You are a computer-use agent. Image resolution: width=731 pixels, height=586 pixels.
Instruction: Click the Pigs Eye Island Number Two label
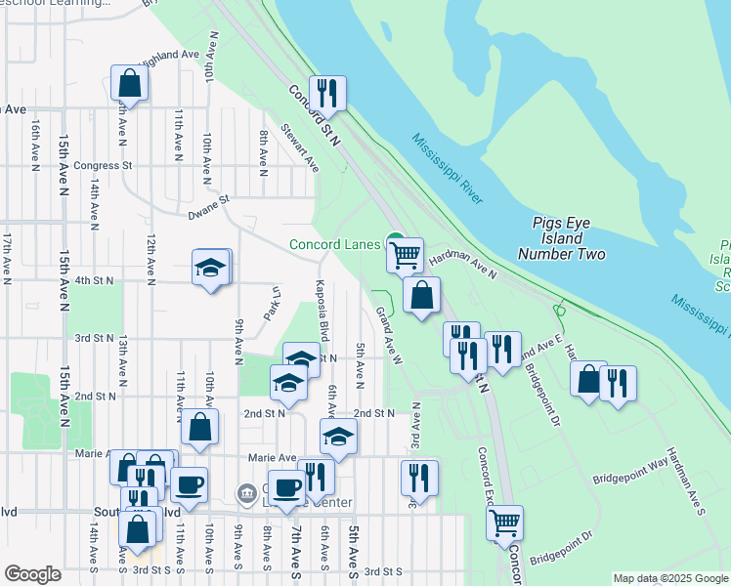coord(570,238)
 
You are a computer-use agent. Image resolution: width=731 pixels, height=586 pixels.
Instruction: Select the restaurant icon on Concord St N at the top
coord(328,94)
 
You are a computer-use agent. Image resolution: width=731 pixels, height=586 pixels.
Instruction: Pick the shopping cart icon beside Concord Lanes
coord(403,255)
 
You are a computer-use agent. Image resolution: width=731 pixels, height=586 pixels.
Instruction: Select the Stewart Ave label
coord(300,147)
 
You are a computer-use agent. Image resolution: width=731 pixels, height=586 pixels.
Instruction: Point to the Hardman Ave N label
coord(464,262)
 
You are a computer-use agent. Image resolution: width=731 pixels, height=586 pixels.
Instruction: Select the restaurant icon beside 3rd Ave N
coord(418,478)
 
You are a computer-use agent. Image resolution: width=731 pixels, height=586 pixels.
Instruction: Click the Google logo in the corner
coord(32,575)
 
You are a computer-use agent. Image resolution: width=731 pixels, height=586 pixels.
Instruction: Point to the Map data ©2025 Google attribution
coord(671,578)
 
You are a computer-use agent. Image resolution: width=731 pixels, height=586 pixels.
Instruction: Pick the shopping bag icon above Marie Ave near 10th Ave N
coord(199,427)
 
